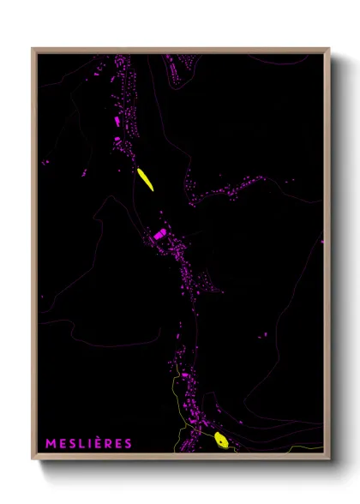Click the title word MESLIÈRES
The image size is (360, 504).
(88, 443)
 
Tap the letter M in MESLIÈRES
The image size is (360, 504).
(50, 443)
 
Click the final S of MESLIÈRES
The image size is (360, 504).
(128, 443)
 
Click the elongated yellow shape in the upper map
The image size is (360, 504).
(145, 179)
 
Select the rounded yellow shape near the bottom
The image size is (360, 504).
(220, 441)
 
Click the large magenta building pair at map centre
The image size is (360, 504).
(159, 234)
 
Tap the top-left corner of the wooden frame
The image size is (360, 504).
(33, 49)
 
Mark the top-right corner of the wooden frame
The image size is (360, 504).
(329, 49)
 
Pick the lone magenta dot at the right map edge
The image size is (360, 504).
(323, 242)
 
